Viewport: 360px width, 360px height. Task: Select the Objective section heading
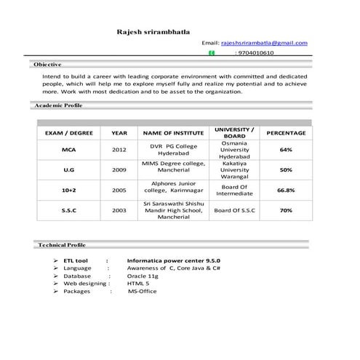(x=47, y=65)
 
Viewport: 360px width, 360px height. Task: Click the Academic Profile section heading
(x=59, y=106)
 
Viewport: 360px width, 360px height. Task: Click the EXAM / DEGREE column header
(x=69, y=133)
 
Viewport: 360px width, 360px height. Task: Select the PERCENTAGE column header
(x=286, y=133)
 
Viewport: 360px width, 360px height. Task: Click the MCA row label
(x=69, y=150)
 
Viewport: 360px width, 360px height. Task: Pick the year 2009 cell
(x=119, y=169)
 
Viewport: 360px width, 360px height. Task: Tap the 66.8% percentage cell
(x=286, y=190)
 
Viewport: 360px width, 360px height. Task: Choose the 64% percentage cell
(x=286, y=150)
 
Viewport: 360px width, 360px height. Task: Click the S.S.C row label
(x=69, y=210)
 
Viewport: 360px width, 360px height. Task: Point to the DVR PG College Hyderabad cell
(x=174, y=150)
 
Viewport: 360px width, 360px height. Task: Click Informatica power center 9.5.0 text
(x=173, y=259)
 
